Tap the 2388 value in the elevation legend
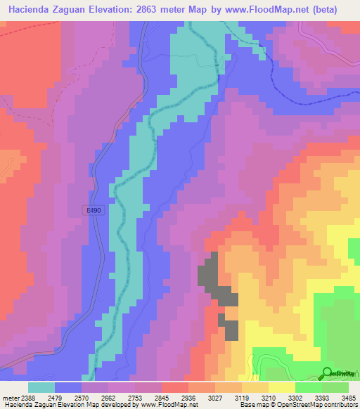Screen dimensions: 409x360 pos(27,398)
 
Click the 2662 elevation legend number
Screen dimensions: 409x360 pos(122,398)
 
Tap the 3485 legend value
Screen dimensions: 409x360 pos(349,398)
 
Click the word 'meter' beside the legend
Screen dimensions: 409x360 pos(11,398)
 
